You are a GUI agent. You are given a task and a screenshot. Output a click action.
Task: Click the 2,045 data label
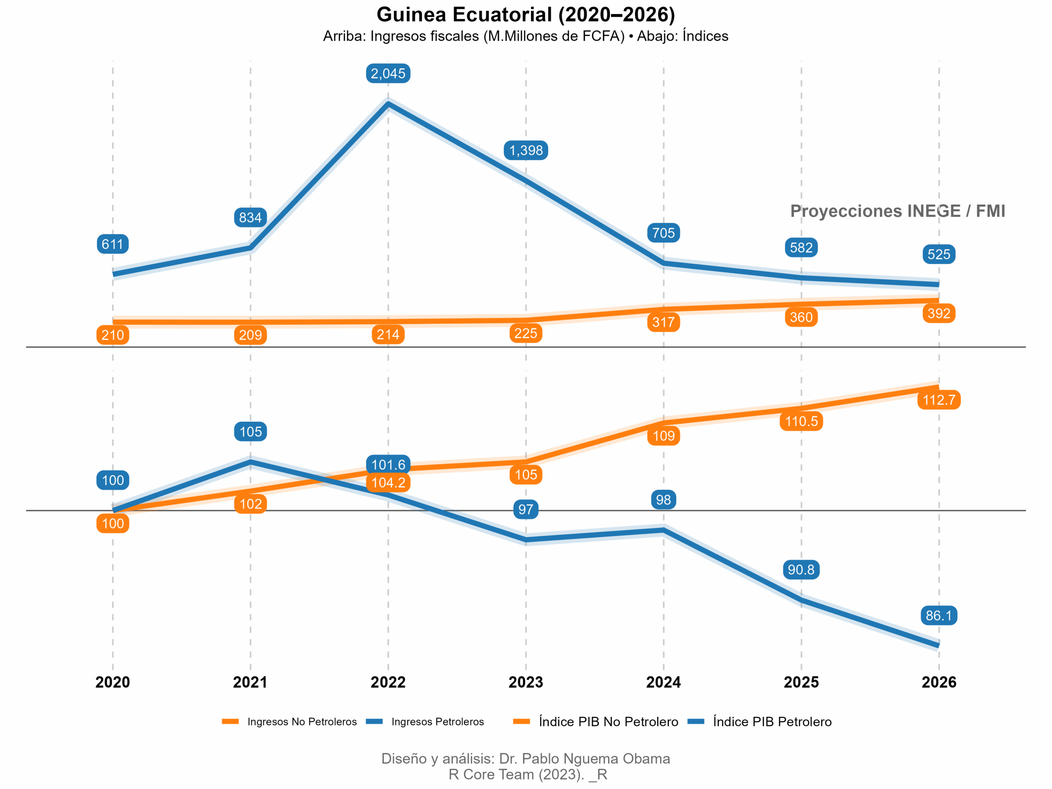point(388,74)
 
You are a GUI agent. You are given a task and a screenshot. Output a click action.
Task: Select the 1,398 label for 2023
point(526,150)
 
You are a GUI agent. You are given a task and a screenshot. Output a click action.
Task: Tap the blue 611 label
point(113,244)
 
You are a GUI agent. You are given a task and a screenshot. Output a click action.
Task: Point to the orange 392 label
point(938,314)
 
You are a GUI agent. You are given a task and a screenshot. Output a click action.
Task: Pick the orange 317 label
point(663,323)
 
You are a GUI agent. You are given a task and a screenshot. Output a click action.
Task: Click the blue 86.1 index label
point(938,616)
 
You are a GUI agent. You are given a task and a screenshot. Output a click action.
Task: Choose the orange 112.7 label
point(938,400)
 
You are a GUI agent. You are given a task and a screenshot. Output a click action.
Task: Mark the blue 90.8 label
point(801,569)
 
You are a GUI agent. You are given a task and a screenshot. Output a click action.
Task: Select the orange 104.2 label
point(388,483)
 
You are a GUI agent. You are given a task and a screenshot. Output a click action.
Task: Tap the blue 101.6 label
point(388,465)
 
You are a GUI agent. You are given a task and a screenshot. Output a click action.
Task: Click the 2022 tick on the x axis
point(388,682)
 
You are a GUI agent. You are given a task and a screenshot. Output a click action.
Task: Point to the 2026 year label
point(938,682)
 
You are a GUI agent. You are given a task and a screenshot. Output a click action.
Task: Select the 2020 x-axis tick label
point(113,682)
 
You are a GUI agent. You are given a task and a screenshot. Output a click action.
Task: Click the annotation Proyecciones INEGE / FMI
point(897,211)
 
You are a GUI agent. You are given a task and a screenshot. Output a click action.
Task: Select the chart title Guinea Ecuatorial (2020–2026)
point(526,15)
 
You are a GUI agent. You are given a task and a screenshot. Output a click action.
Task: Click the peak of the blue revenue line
point(388,104)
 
